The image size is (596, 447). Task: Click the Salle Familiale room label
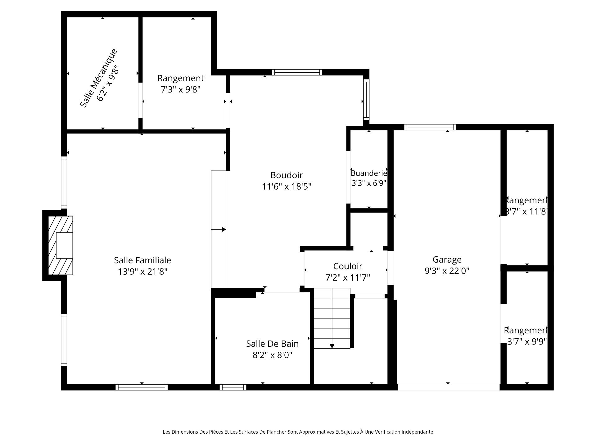point(142,260)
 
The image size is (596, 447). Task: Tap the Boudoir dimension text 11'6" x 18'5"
point(287,187)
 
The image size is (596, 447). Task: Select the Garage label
point(447,260)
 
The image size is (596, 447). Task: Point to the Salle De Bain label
point(273,344)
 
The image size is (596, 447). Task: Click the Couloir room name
point(348,266)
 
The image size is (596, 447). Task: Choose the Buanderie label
point(369,173)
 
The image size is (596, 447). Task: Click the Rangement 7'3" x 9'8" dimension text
point(181,89)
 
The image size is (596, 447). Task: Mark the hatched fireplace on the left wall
point(61,245)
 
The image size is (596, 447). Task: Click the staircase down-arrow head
point(332,346)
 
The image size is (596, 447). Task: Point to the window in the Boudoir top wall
point(297,72)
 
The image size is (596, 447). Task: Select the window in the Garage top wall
point(430,127)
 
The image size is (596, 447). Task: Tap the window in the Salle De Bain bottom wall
point(233,387)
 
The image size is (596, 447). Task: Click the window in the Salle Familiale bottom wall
point(142,387)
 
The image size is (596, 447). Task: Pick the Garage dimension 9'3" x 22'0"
point(447,271)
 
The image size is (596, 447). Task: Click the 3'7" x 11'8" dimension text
point(526,212)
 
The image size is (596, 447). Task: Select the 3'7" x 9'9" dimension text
point(526,341)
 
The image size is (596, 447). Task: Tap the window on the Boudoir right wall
point(366,100)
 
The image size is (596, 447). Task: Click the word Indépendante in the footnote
point(417,432)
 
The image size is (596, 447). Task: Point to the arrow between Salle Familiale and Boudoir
point(219,229)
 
